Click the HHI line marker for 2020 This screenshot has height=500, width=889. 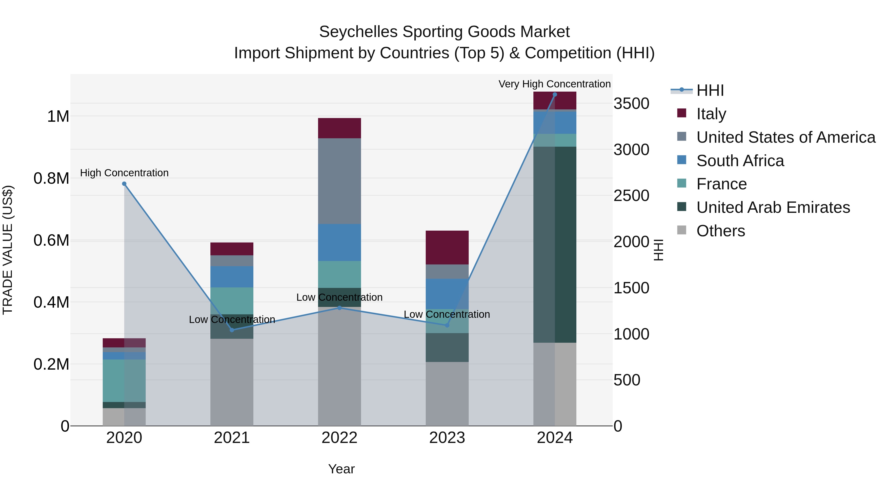[x=124, y=184]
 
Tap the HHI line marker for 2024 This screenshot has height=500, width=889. [x=555, y=95]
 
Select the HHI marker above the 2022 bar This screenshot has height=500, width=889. [x=339, y=308]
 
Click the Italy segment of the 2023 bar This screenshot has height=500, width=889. [x=447, y=247]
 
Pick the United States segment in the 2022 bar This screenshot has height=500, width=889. [x=339, y=181]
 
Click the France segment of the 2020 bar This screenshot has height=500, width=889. [x=124, y=380]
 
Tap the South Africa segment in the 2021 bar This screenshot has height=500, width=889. [x=232, y=277]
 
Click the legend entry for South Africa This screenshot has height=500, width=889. [x=740, y=161]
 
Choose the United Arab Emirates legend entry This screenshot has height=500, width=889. [x=773, y=207]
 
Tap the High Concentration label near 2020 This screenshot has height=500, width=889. [x=124, y=173]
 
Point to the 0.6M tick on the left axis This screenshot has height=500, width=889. [x=51, y=240]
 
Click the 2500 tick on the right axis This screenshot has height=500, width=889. [x=631, y=196]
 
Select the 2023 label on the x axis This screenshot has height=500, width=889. [x=447, y=438]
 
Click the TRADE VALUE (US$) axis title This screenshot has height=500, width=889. [x=8, y=250]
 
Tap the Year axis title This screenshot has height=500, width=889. [x=341, y=469]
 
